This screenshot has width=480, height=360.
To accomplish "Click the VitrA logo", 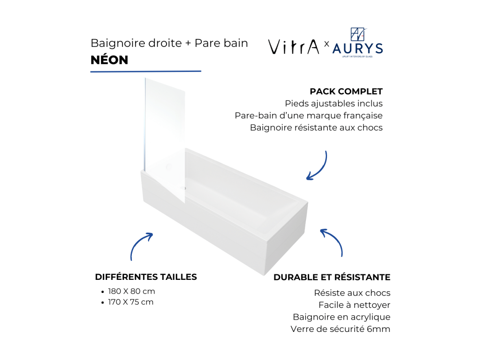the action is [294, 47].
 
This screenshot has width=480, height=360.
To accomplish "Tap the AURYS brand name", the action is [358, 49].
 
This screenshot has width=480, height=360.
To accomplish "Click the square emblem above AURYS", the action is [358, 34].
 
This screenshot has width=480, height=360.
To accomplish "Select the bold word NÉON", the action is [109, 60].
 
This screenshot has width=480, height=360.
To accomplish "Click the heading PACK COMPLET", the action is [346, 92].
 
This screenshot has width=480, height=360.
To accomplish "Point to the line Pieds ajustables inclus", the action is [334, 103].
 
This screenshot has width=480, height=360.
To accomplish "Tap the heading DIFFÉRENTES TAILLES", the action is [146, 277].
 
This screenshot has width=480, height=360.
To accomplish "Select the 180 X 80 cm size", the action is [132, 291].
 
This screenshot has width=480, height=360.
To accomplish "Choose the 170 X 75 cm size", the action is [131, 302].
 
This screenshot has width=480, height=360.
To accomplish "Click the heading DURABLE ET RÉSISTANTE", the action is [332, 277].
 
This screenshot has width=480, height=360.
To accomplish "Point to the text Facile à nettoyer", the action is [354, 305].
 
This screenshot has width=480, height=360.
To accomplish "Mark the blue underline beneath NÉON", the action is [146, 71].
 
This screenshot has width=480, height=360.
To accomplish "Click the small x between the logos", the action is [327, 44].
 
